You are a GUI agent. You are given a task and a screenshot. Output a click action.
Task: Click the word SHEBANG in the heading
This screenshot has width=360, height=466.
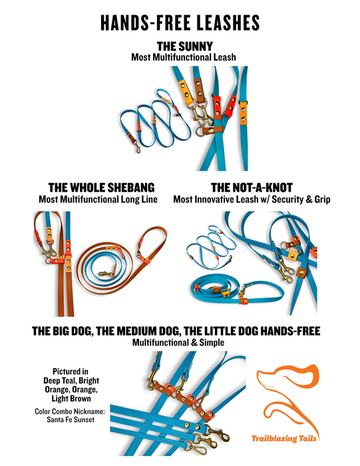coord(130,188)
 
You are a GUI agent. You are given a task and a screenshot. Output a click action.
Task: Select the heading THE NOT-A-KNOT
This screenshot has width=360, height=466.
coord(252,188)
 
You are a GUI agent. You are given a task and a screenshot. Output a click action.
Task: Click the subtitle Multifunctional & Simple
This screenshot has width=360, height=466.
coord(178,342)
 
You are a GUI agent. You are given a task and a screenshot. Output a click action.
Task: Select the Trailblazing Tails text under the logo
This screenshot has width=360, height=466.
coord(283,439)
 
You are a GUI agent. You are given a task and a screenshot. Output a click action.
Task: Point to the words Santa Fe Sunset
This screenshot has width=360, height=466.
coord(71,419)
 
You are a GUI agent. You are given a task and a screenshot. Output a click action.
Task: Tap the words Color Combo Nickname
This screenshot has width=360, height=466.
coord(70,411)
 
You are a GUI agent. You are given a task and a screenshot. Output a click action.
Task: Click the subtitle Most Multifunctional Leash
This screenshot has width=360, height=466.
coord(184,57)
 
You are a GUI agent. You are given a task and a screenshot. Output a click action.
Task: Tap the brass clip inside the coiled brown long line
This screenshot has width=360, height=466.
coord(106,274)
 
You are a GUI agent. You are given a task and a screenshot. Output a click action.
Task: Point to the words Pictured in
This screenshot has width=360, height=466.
coord(71,371)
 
